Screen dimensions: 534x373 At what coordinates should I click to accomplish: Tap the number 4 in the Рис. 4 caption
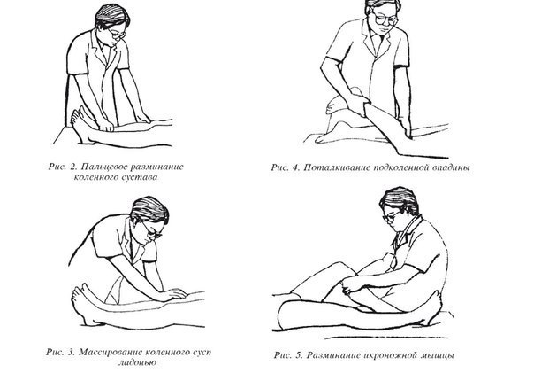point(295,167)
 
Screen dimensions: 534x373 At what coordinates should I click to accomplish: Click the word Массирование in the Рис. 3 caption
point(109,353)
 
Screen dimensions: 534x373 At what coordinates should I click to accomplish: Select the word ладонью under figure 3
point(137,362)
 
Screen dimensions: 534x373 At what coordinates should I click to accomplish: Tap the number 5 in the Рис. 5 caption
point(298,355)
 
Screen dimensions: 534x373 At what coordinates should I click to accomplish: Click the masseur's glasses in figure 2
point(118,34)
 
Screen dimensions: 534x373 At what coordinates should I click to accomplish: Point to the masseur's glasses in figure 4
point(385,18)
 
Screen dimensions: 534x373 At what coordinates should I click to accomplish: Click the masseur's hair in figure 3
point(149,209)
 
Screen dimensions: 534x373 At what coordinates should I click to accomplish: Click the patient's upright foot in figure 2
point(79,125)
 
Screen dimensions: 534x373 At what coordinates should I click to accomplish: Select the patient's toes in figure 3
point(78,291)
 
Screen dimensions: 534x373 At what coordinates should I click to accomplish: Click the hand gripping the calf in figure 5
point(350,286)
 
